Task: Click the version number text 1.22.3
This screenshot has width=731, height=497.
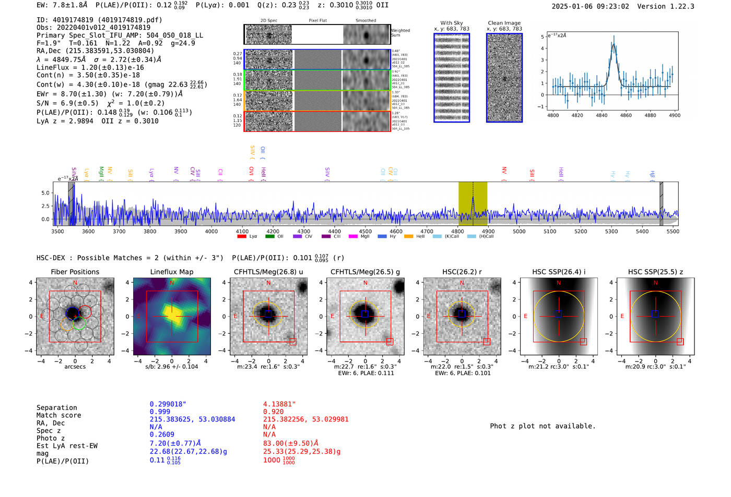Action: tap(681, 6)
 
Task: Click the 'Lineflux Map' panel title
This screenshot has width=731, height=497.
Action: tap(171, 272)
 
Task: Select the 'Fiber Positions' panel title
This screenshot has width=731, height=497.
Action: tap(75, 272)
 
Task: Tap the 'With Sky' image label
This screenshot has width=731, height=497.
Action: tap(451, 23)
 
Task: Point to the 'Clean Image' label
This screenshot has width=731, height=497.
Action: tap(504, 23)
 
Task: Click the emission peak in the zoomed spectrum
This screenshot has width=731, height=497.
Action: tap(614, 38)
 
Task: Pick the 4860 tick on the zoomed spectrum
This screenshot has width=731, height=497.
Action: tap(626, 115)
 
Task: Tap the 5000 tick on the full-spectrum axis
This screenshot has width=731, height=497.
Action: tap(519, 232)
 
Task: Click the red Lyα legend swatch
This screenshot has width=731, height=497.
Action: tap(242, 236)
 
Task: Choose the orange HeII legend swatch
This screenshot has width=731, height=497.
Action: tap(408, 236)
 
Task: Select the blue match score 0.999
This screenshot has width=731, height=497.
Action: tap(160, 411)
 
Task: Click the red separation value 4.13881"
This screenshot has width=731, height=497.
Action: tap(279, 404)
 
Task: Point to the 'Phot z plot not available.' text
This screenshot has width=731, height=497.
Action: tap(543, 426)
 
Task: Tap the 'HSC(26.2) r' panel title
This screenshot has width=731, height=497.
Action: tap(461, 272)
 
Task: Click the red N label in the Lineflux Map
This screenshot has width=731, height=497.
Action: tap(172, 283)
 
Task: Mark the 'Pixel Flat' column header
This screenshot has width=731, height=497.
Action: tap(317, 20)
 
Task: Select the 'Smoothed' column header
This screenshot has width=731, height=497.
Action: tap(365, 20)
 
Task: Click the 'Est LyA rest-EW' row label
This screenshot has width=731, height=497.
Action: tap(67, 446)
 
